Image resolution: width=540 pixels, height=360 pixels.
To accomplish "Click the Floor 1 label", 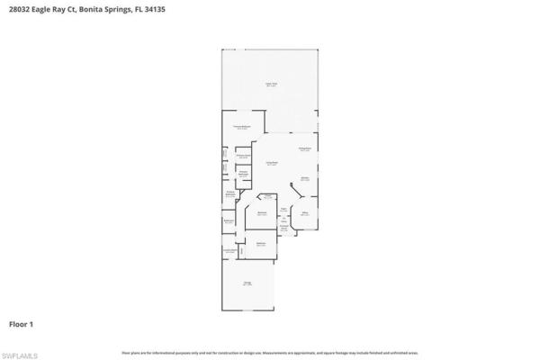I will [22, 322].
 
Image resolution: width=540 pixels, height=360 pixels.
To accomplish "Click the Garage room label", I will [247, 283].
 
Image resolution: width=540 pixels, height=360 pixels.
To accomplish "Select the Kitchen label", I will [305, 178].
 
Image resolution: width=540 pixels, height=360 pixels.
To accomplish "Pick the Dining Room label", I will [305, 148].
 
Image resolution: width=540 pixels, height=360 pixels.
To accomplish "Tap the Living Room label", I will [271, 163].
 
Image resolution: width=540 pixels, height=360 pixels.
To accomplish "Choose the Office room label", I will [305, 213].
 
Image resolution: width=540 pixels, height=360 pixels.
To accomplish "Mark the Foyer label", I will [283, 208].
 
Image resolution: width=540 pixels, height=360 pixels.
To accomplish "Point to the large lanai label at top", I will [271, 85].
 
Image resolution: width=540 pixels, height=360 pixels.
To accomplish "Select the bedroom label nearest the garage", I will [261, 244].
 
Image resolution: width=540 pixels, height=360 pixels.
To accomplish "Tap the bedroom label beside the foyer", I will [261, 213].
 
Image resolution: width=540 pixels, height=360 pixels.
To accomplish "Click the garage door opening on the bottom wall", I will [248, 311].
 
